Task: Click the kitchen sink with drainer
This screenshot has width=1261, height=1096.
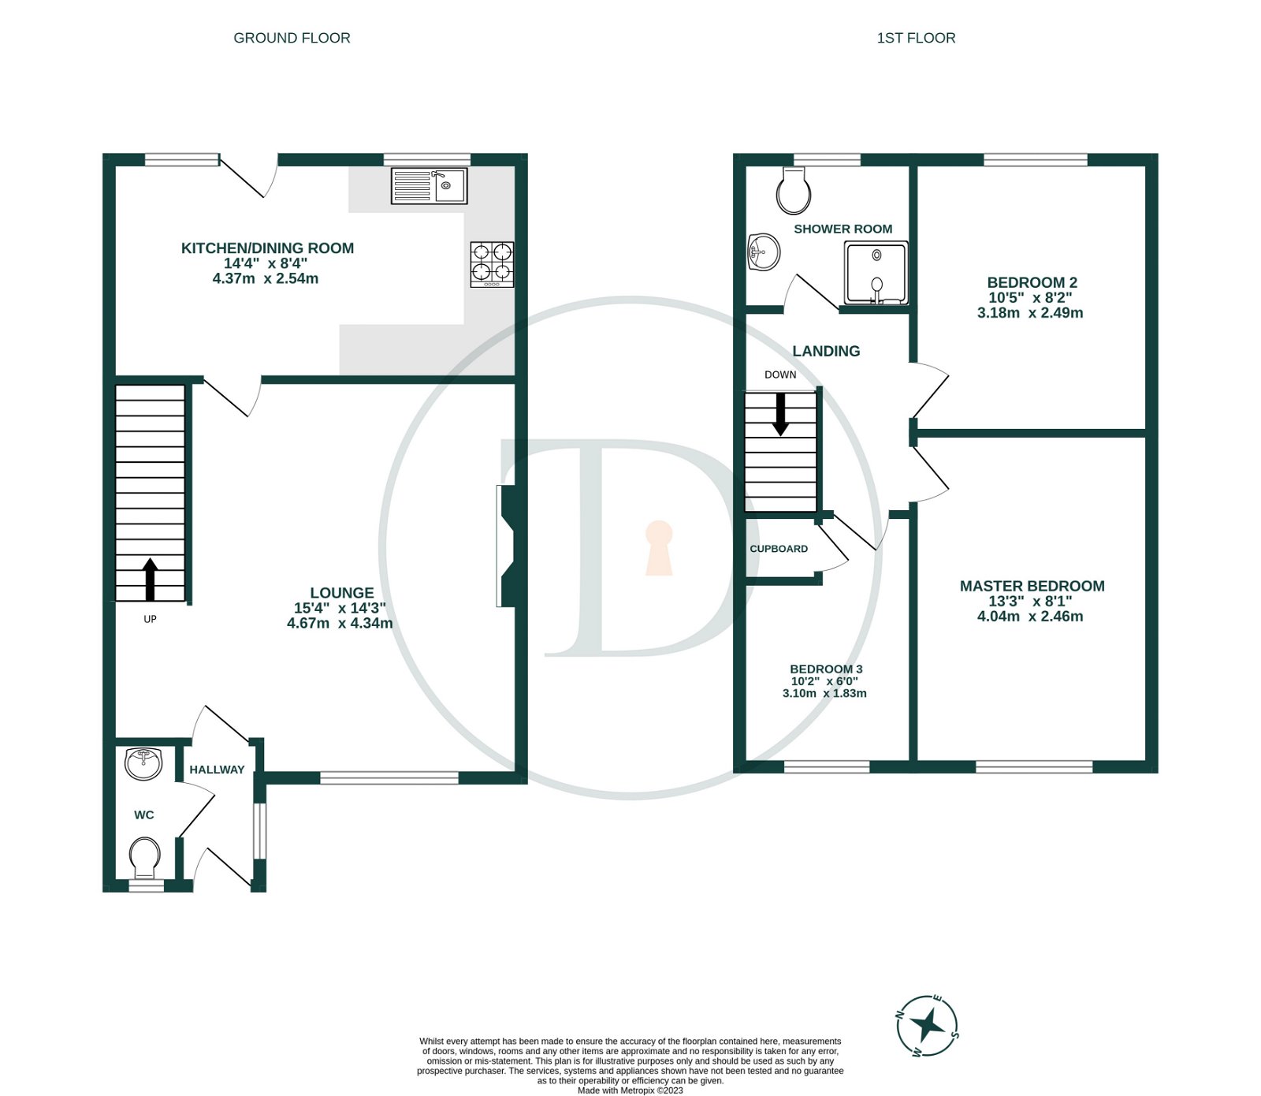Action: click(429, 186)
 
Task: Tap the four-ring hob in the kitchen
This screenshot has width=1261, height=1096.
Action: click(492, 264)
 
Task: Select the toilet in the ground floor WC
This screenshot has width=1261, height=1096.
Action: click(144, 858)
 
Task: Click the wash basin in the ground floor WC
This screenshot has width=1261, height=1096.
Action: click(143, 762)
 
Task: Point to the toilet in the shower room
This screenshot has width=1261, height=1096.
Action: click(793, 191)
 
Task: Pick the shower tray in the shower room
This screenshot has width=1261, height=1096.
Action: click(876, 273)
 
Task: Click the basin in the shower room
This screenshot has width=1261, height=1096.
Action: click(763, 253)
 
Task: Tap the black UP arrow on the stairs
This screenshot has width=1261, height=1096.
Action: click(150, 580)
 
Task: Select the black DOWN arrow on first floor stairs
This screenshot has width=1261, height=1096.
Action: click(780, 413)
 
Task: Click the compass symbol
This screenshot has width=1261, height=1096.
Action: click(928, 1025)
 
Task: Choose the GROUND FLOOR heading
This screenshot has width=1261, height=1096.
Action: click(292, 38)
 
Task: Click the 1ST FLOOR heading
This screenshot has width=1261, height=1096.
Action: click(916, 38)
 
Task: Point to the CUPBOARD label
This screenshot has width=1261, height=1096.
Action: click(778, 549)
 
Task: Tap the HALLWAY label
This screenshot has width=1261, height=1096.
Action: click(217, 770)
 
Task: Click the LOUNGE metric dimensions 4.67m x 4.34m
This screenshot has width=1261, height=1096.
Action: click(340, 623)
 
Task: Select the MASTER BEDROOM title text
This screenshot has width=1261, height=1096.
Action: click(1032, 586)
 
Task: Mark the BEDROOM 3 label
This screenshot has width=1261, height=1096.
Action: click(826, 669)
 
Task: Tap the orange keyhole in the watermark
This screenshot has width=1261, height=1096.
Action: click(659, 548)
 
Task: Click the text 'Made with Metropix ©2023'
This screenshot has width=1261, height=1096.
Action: click(630, 1090)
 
